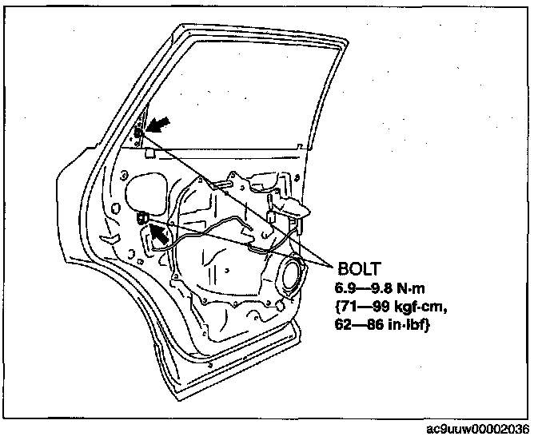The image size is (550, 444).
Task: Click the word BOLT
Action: point(358,268)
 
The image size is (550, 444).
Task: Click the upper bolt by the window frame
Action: point(138,132)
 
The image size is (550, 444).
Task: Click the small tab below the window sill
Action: point(217,157)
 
